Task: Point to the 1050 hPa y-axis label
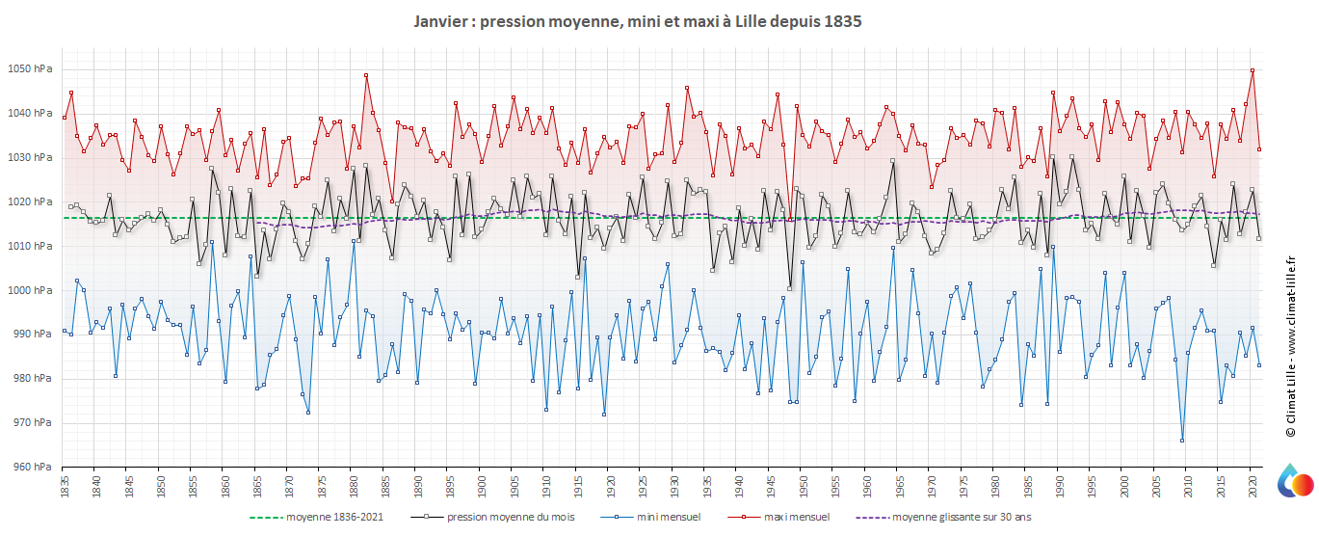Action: [32, 68]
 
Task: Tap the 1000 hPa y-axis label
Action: [32, 290]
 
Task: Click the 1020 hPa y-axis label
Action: [32, 201]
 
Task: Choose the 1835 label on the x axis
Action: [65, 486]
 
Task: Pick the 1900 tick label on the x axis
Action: [481, 486]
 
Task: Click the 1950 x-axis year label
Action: [802, 486]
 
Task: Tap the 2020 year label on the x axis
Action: [1251, 486]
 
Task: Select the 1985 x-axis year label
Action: [1026, 486]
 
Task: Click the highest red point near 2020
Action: [1252, 70]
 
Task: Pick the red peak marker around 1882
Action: [366, 75]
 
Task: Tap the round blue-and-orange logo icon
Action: [1295, 482]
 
